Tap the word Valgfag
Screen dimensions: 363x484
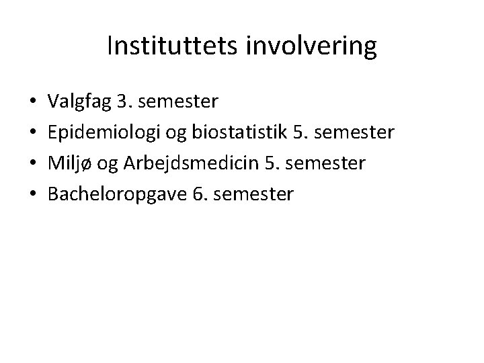(79, 102)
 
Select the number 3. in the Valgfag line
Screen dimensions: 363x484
(124, 102)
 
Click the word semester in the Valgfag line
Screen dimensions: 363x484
(177, 102)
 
